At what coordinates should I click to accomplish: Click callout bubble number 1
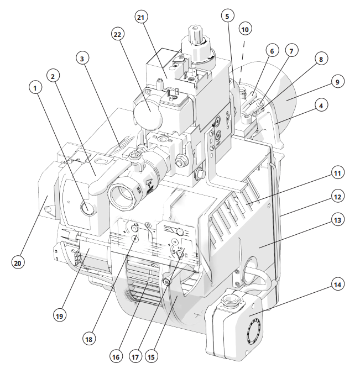[x=35, y=88]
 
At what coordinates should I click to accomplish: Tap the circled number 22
[x=117, y=35]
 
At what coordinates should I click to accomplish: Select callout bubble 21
[x=141, y=17]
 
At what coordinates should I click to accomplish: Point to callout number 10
[x=245, y=29]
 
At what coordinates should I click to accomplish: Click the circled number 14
[x=337, y=285]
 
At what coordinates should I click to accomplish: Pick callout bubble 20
[x=18, y=263]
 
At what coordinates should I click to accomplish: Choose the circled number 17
[x=135, y=357]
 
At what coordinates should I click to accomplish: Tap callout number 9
[x=337, y=82]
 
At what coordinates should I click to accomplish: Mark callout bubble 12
[x=337, y=197]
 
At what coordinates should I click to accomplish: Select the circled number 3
[x=82, y=59]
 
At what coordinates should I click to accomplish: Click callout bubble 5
[x=227, y=16]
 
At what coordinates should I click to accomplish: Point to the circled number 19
[x=59, y=316]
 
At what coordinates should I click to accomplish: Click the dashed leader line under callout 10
[x=242, y=62]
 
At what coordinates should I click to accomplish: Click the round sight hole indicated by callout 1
[x=87, y=207]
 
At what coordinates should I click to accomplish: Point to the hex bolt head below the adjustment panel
[x=167, y=282]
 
